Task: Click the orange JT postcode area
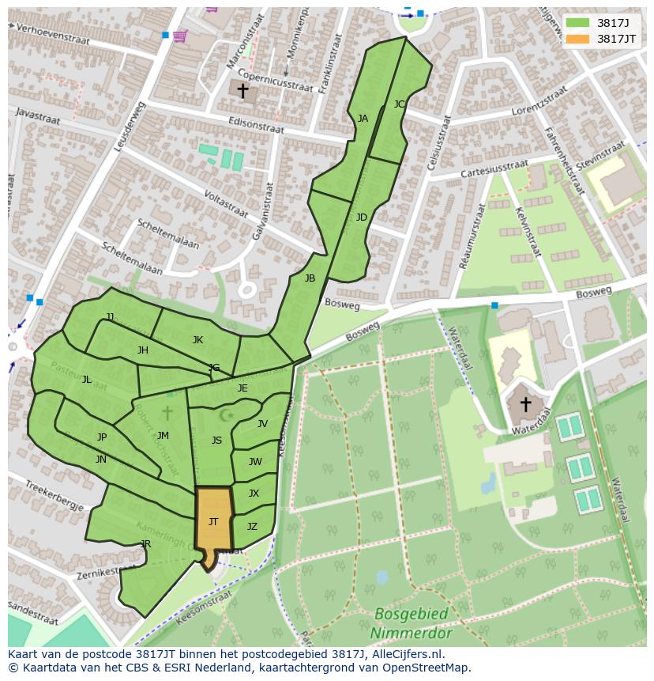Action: coord(213,522)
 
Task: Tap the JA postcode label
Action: coord(363,119)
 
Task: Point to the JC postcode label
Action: coord(399,104)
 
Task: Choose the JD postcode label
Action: coord(361,218)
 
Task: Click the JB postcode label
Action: coord(310,278)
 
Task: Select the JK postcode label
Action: coord(197,340)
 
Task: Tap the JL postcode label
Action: coord(87,380)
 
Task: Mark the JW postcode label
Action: coord(255,462)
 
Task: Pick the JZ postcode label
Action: coord(252,527)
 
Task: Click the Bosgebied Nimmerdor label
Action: coord(411,624)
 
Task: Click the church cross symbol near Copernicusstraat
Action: coord(242,91)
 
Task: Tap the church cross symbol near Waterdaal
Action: coord(525,404)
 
